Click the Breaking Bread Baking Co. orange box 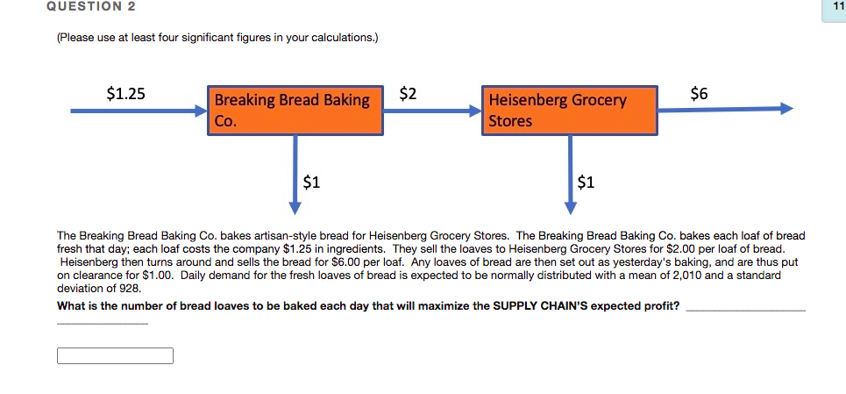[295, 111]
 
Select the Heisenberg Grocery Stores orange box [569, 111]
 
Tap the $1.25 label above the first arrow [125, 94]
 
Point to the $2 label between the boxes [408, 93]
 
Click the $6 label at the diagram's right [700, 93]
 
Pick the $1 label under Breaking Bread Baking [311, 183]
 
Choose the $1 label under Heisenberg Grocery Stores [587, 183]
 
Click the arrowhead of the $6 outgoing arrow [786, 109]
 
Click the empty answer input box [115, 355]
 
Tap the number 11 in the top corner [836, 8]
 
